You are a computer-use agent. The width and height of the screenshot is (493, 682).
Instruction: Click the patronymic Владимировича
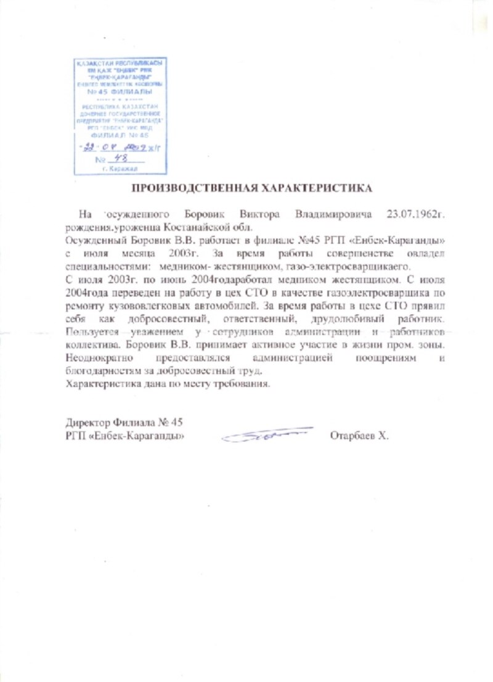(x=333, y=214)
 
